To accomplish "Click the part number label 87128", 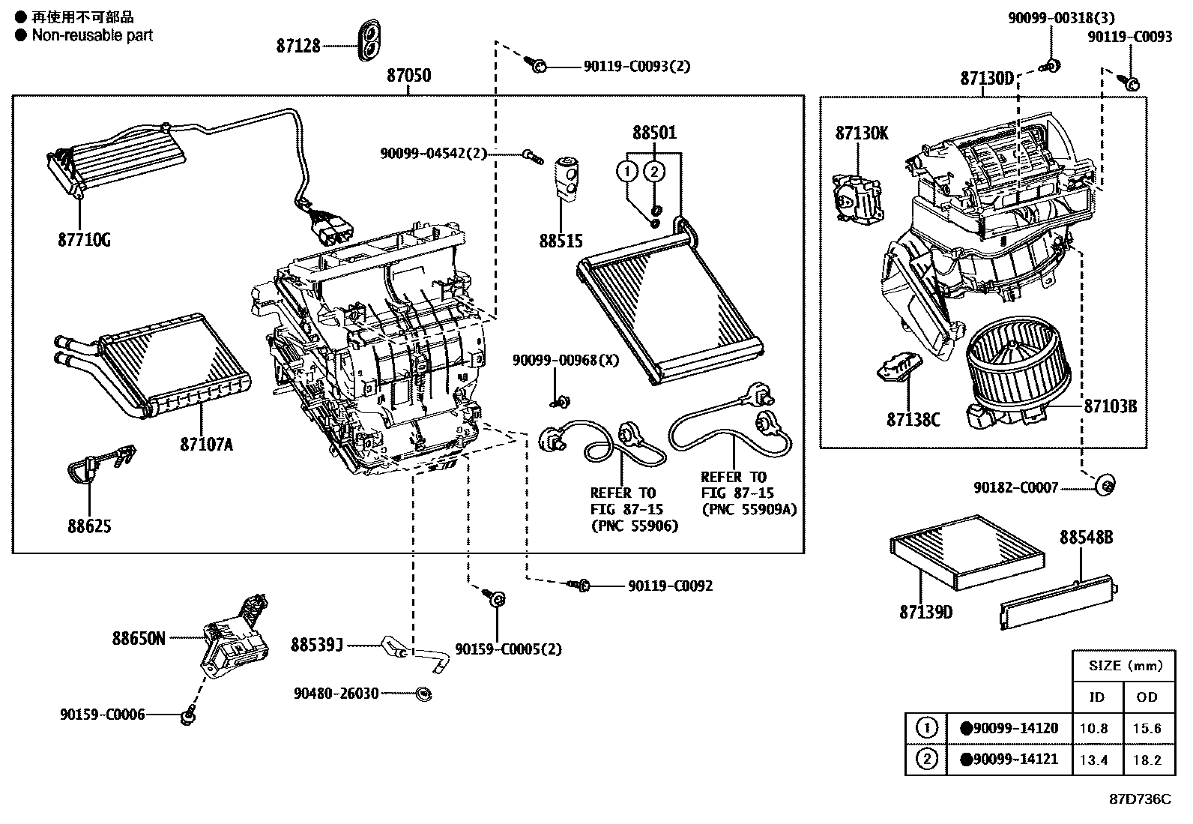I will [x=298, y=46].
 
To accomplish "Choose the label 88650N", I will [x=139, y=639].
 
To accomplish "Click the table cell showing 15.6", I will [x=1147, y=728].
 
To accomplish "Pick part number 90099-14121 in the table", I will [x=1015, y=759].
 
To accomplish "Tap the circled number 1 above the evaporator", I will [x=627, y=172].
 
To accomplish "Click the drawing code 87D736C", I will [x=1140, y=799].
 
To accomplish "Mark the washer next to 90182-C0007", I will [x=1104, y=486].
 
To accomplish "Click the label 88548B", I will [x=1085, y=538].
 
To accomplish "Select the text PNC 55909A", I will [x=749, y=509].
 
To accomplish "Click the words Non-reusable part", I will [x=91, y=35].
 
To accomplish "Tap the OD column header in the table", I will [x=1147, y=697].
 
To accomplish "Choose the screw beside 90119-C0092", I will [x=582, y=585].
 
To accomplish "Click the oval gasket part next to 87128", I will [x=369, y=40].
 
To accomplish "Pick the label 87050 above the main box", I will [x=408, y=76].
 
